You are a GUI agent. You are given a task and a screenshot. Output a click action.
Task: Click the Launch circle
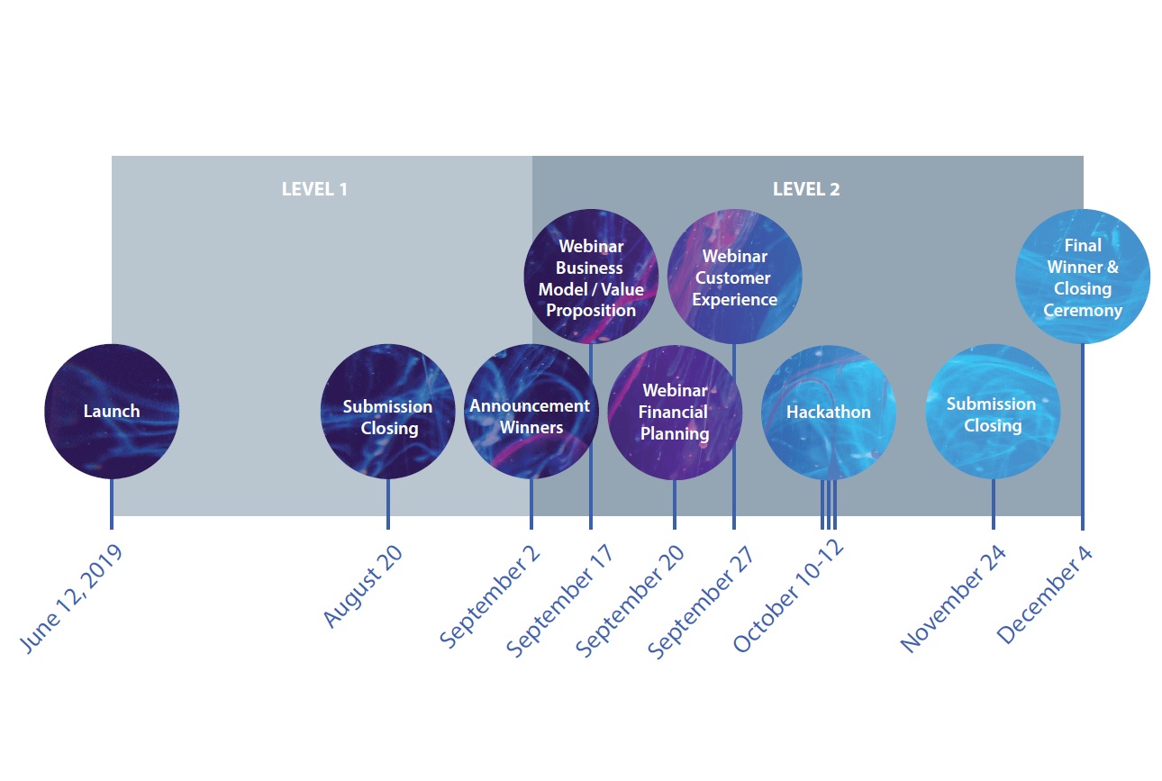pyautogui.click(x=112, y=412)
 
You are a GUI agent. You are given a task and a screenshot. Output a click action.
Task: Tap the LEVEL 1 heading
pyautogui.click(x=314, y=189)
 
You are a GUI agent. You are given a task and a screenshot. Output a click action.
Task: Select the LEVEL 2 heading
pyautogui.click(x=806, y=189)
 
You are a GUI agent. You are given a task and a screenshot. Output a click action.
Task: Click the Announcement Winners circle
pyautogui.click(x=531, y=413)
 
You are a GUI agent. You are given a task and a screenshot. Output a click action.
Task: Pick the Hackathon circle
pyautogui.click(x=829, y=413)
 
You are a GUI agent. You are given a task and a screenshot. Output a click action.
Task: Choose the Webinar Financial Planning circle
pyautogui.click(x=675, y=413)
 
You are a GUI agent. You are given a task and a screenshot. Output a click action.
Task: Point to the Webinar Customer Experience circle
pyautogui.click(x=734, y=277)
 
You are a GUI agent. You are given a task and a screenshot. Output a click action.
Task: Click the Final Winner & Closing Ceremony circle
pyautogui.click(x=1083, y=277)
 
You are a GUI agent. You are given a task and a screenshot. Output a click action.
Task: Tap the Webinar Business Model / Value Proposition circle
pyautogui.click(x=591, y=277)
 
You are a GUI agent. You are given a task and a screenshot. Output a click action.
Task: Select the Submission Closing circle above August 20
pyautogui.click(x=388, y=413)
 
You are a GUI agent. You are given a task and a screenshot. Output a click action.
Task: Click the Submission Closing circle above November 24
pyautogui.click(x=993, y=413)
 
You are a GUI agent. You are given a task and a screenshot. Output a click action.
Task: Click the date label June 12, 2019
pyautogui.click(x=70, y=599)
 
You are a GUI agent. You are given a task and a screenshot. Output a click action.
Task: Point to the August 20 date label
pyautogui.click(x=363, y=586)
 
